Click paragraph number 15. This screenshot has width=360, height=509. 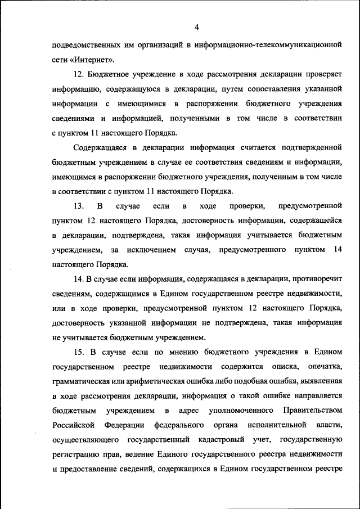click(x=79, y=352)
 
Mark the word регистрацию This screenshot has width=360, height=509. click(x=74, y=454)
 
